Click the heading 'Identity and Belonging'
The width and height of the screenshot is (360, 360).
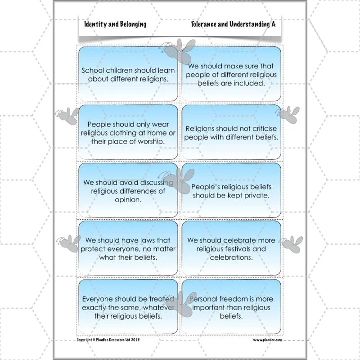click(115, 24)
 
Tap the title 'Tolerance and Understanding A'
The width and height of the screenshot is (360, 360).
click(233, 24)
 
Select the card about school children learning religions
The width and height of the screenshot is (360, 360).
click(128, 74)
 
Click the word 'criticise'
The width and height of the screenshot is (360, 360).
click(265, 129)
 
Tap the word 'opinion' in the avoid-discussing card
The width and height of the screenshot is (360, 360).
click(128, 200)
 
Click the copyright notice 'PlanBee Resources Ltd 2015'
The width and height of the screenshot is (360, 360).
click(118, 340)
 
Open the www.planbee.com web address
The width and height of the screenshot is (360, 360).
click(267, 340)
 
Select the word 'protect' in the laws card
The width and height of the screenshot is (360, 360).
click(93, 249)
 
